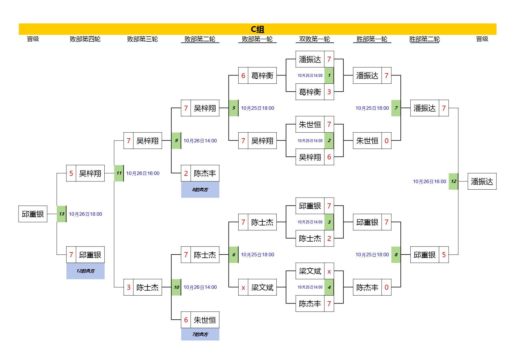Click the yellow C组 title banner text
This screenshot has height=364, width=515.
tap(257, 29)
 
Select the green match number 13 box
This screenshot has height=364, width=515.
tap(61, 214)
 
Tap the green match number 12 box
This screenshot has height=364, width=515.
tap(453, 181)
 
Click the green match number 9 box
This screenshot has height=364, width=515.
tap(176, 141)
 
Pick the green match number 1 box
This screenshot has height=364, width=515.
tap(329, 75)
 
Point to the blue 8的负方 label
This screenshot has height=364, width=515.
tap(200, 190)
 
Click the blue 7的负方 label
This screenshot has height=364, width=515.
tap(200, 334)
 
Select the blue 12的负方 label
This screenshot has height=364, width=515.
tap(85, 271)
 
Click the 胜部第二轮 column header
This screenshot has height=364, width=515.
tap(425, 39)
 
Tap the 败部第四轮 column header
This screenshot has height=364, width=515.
tap(85, 39)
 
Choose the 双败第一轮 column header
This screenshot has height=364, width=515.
tap(314, 39)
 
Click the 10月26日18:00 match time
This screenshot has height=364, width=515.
tap(85, 214)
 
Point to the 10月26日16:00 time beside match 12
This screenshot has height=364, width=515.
tap(430, 181)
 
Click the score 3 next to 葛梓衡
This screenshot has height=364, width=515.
tap(329, 92)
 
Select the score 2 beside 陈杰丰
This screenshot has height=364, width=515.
tap(186, 173)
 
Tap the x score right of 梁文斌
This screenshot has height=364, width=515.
tap(329, 272)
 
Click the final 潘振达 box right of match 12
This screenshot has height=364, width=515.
tap(482, 181)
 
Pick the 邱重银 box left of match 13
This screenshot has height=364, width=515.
tap(33, 214)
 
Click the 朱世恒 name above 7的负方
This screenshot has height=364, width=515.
tap(205, 320)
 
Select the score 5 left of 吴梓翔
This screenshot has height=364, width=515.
tap(71, 173)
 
